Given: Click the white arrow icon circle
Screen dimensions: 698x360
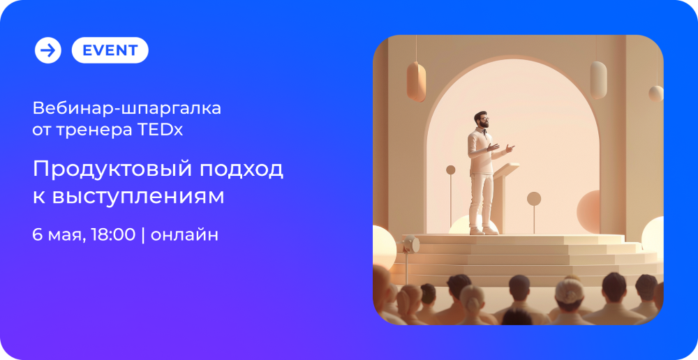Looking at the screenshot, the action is tap(48, 50).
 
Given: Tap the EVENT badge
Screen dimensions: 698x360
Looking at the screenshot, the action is tap(110, 50).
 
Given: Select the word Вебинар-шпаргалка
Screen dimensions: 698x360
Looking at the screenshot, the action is tap(127, 108).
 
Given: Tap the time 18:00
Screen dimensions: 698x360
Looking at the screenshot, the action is tap(113, 234).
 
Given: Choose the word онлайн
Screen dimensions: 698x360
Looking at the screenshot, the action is tap(184, 235).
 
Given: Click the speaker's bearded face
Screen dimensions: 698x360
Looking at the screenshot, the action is tap(482, 119).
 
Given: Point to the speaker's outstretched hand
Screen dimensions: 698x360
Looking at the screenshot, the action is tap(510, 148).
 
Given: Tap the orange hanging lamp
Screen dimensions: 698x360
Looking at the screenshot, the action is tap(416, 82).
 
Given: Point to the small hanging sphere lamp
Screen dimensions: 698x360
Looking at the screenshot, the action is tap(655, 93).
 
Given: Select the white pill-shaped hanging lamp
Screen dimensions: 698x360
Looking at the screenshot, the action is tap(598, 80).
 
